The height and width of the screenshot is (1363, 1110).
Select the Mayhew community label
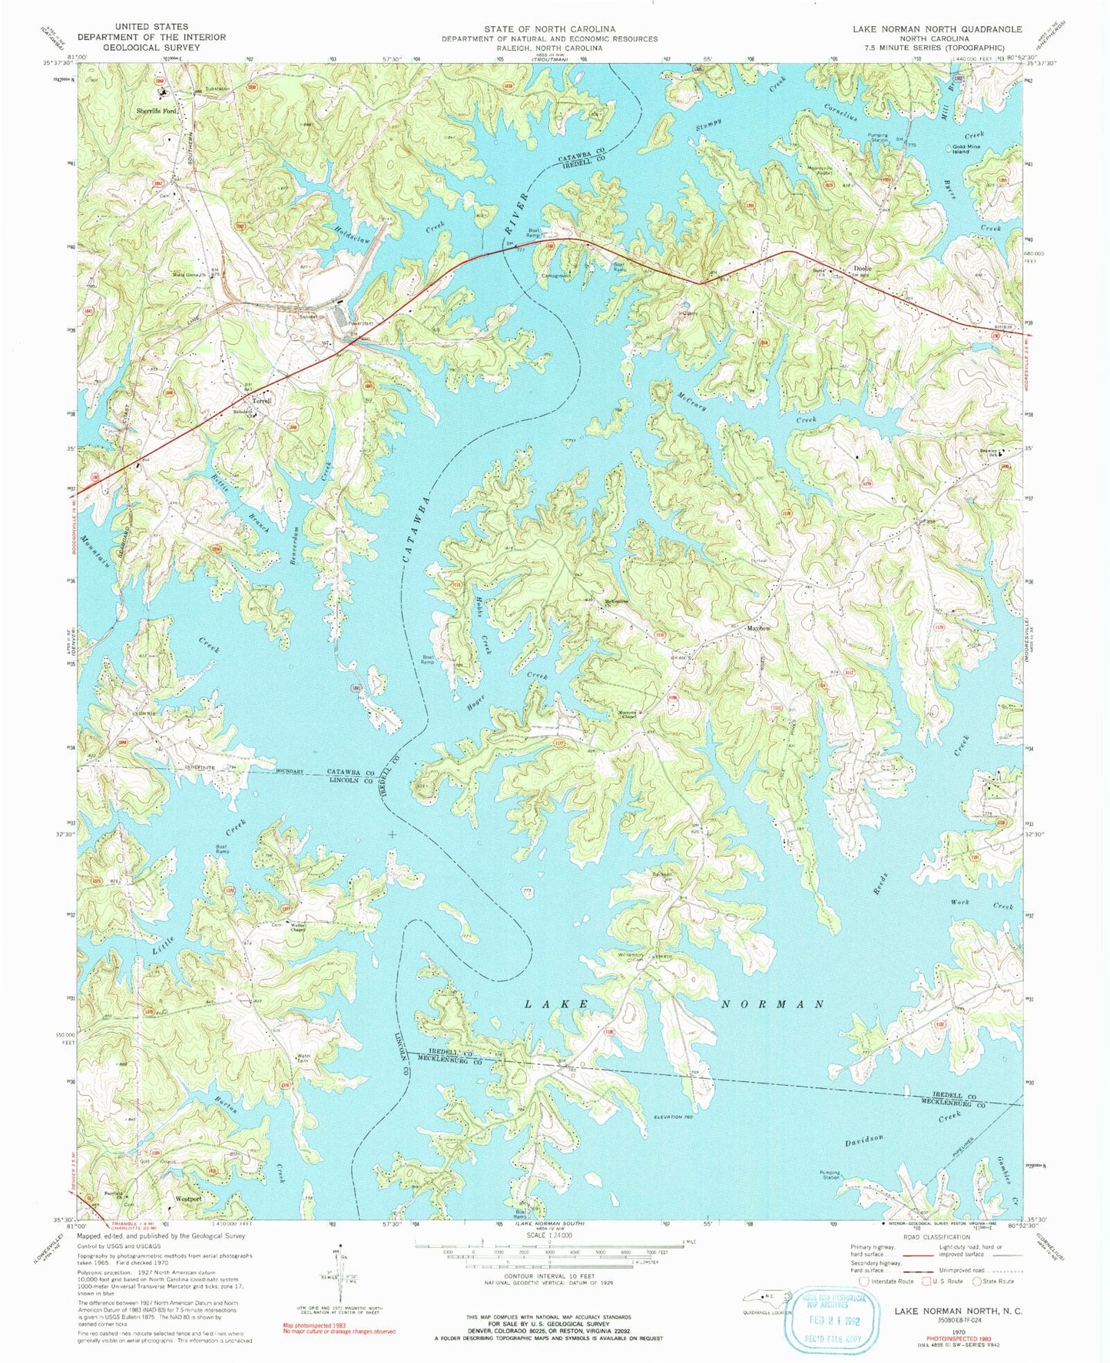(x=758, y=628)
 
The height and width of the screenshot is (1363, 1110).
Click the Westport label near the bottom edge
(x=188, y=1198)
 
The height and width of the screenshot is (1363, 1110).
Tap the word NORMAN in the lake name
(x=774, y=1004)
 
